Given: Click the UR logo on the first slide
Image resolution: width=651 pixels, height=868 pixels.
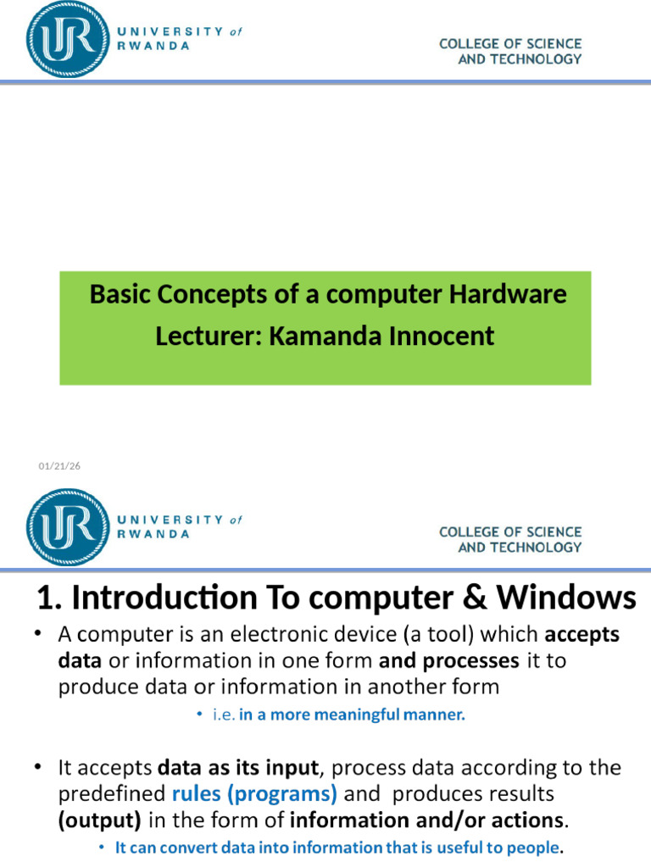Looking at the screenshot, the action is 68,39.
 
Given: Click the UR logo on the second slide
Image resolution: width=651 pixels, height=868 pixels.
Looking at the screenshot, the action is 68,527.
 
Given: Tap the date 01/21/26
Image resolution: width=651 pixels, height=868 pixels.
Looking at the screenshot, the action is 59,466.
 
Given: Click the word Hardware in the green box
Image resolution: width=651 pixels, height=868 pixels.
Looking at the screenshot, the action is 508,294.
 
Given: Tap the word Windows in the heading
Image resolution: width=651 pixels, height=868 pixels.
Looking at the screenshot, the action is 566,598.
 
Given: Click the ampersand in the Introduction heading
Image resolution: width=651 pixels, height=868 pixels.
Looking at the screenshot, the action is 475,598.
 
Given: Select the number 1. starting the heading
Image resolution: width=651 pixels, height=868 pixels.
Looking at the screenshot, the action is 49,598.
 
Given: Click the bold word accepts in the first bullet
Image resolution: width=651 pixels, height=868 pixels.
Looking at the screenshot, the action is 581,635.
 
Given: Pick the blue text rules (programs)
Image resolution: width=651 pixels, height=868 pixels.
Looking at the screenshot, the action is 254,794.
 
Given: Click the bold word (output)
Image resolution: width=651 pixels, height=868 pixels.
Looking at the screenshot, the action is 100,821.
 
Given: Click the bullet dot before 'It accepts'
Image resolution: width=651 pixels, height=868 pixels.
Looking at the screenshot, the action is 37,767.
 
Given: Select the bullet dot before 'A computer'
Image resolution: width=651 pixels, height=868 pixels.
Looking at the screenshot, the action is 37,633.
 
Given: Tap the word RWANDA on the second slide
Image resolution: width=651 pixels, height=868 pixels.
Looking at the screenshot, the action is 153,535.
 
